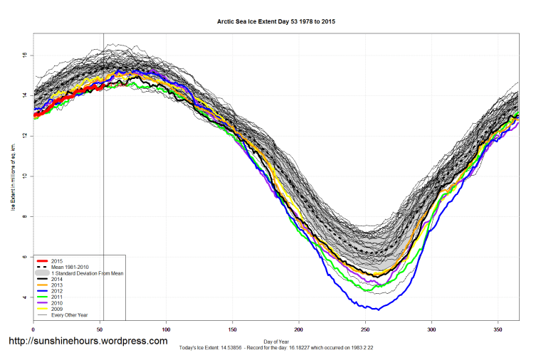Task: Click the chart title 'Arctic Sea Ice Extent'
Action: tap(275, 22)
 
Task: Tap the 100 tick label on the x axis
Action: tap(166, 329)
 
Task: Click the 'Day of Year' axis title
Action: tap(275, 342)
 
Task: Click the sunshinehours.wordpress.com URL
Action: tap(88, 342)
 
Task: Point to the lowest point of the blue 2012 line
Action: tap(378, 309)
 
